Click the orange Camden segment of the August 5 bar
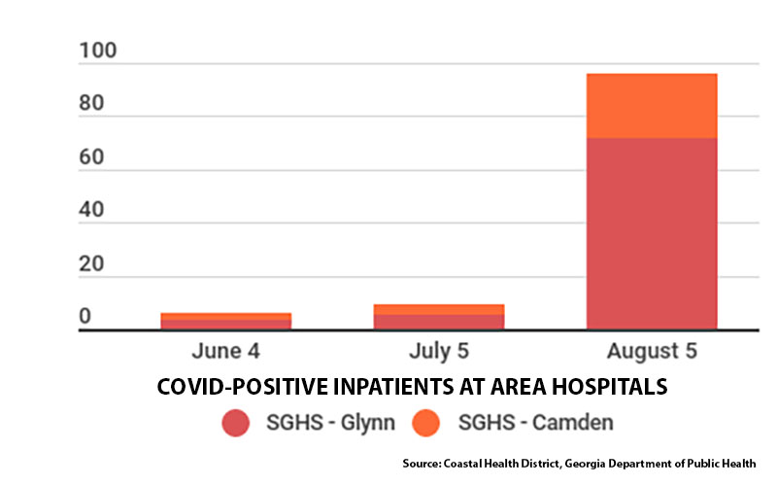coord(652,106)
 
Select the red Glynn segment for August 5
coord(652,233)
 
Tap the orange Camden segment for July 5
coord(439,309)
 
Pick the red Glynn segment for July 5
coord(439,322)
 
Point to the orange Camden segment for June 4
coord(226,317)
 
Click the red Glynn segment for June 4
coord(226,325)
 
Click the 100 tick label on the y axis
coord(98,51)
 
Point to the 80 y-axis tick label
coord(91,103)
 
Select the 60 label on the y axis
coord(91,157)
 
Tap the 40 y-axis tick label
coord(91,210)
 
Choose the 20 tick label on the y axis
coord(91,263)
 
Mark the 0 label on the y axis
coord(84,316)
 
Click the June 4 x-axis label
coord(226,351)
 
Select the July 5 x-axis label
coord(439,351)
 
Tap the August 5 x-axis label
coord(652,351)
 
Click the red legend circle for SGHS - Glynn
coord(235,423)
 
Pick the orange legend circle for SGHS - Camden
coord(425,423)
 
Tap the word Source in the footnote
coord(422,464)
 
